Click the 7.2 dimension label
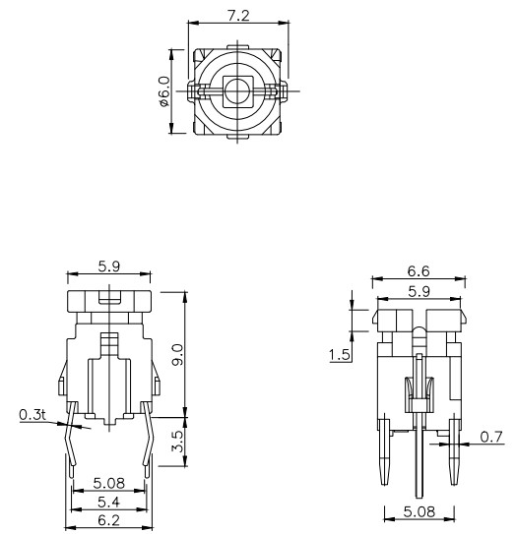tap(237, 16)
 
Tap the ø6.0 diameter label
tap(164, 91)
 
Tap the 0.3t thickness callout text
tap(32, 415)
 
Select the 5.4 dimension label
tap(108, 502)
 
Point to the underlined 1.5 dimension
tap(341, 354)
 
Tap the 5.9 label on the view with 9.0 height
tap(108, 265)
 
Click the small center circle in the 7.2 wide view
tap(236, 91)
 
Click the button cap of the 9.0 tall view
tap(108, 301)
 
